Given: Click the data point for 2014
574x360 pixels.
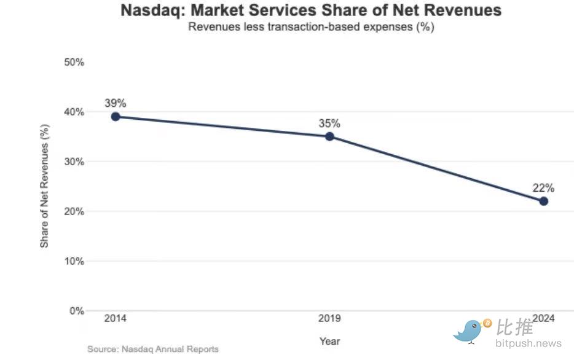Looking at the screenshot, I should [x=115, y=117].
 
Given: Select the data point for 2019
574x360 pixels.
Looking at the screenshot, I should [x=329, y=136].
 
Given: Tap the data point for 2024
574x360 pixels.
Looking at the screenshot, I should [x=543, y=201].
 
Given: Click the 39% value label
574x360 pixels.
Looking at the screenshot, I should [x=115, y=103].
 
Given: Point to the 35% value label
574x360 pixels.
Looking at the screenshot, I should [x=329, y=123].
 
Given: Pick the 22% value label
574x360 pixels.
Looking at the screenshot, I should [x=543, y=188].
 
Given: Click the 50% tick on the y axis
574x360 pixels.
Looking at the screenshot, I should [x=74, y=63].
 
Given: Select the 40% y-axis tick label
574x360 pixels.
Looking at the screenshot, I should [x=74, y=112].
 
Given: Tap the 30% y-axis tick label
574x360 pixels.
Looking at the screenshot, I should [x=74, y=162].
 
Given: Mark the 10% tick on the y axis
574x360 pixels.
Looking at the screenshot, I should [x=74, y=261].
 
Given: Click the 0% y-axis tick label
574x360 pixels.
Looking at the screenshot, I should [x=77, y=311].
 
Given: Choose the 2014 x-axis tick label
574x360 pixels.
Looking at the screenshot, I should [x=115, y=318].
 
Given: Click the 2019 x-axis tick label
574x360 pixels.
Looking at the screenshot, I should [x=329, y=318].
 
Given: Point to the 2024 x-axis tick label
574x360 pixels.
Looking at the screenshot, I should [x=543, y=318].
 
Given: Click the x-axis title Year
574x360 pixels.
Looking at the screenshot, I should [x=329, y=341].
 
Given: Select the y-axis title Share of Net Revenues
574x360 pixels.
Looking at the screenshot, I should [x=44, y=186].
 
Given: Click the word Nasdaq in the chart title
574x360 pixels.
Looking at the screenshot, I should [x=149, y=10].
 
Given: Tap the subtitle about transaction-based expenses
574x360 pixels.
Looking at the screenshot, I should [x=311, y=27].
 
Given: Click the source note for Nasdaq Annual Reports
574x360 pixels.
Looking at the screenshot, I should [x=153, y=349].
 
